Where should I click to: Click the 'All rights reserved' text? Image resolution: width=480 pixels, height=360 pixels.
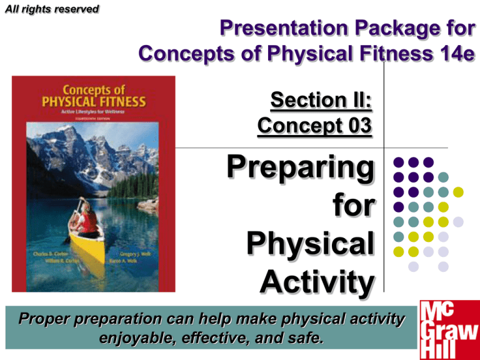tap(49, 9)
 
